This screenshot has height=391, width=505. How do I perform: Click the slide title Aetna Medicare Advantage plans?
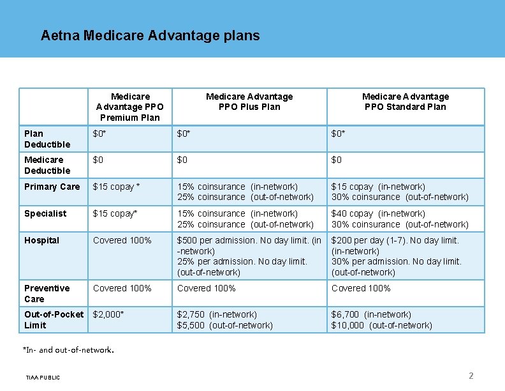(x=150, y=35)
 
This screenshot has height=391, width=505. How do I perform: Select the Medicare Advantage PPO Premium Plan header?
(x=130, y=107)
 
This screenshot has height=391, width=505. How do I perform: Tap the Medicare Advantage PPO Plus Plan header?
(x=249, y=102)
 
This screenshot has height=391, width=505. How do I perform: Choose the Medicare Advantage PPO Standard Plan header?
(x=405, y=102)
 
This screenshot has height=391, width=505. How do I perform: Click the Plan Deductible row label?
(x=47, y=139)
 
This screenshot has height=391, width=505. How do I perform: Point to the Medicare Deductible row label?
(x=47, y=165)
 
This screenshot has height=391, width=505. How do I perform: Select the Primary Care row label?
(x=52, y=187)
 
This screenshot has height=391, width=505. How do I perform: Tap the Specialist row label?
(x=45, y=213)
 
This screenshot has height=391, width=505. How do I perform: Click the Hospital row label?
(x=41, y=240)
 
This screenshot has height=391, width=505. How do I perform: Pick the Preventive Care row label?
(x=47, y=293)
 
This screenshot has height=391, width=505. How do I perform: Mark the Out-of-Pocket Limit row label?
(x=54, y=319)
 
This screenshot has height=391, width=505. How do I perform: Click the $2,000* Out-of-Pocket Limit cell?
(x=108, y=314)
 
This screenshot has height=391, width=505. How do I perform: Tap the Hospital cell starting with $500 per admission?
(x=249, y=256)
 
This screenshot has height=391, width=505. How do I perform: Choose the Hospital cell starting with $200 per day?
(x=395, y=256)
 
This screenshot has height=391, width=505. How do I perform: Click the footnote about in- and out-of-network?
(x=68, y=350)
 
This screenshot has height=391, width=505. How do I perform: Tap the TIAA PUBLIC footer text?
(x=43, y=378)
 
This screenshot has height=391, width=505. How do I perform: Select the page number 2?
(x=471, y=376)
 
